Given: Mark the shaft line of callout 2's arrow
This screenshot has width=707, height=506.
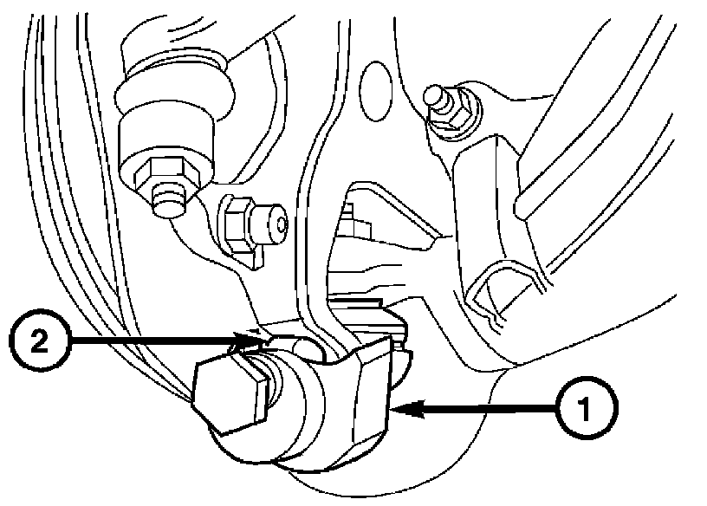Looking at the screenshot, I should coord(156,341).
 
